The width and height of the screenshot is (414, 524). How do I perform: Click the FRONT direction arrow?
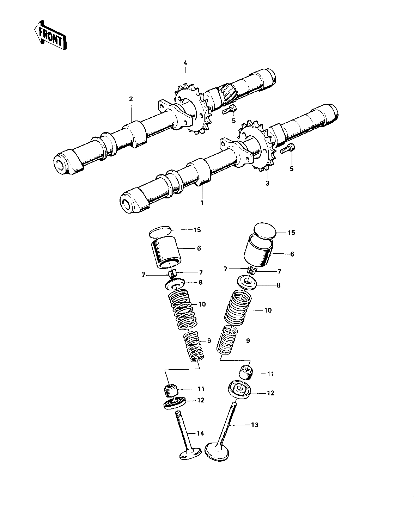(50, 35)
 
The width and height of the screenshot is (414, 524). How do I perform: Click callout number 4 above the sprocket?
(185, 63)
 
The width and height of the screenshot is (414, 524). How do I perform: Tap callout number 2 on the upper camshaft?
(131, 99)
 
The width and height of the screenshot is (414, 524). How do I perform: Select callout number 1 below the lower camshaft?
(202, 203)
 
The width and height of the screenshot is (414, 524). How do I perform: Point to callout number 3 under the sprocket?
(268, 183)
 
